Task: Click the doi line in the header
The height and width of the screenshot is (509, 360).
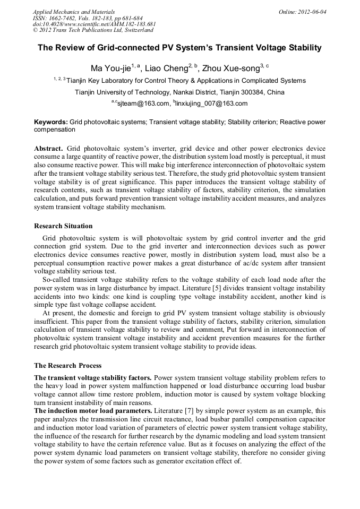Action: (94, 24)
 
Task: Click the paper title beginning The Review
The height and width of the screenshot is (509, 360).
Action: (179, 48)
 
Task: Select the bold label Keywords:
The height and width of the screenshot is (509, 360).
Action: (51, 122)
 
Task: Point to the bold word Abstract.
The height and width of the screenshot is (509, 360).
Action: (48, 148)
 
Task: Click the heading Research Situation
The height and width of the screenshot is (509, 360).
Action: (63, 226)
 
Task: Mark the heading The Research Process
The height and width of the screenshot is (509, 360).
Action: (67, 365)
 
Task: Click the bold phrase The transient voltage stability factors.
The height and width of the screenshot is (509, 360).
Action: (93, 378)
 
